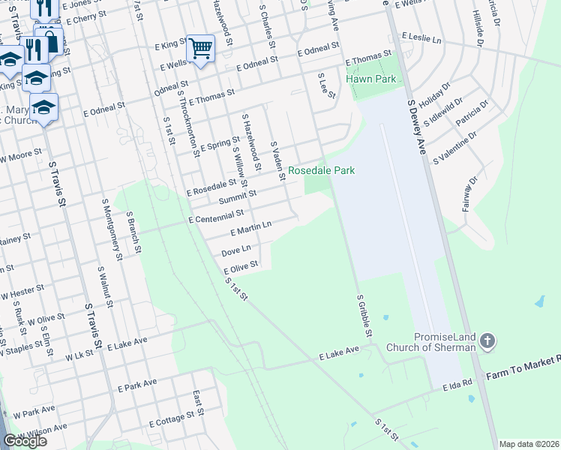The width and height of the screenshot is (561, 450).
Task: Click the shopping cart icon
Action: [x=200, y=49]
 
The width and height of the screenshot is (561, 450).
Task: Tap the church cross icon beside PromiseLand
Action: [x=487, y=343]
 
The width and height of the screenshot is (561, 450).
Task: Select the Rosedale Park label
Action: [x=322, y=171]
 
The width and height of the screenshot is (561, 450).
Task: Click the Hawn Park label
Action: [x=365, y=79]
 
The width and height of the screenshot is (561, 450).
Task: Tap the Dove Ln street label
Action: [x=235, y=249]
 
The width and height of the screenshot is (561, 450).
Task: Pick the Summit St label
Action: [x=238, y=196]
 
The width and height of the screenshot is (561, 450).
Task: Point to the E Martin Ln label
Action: [x=250, y=228]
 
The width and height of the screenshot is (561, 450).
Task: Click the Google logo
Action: [x=25, y=441]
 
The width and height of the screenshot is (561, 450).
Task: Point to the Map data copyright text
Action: [x=529, y=444]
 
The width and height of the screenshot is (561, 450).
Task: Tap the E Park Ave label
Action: [x=138, y=385]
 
